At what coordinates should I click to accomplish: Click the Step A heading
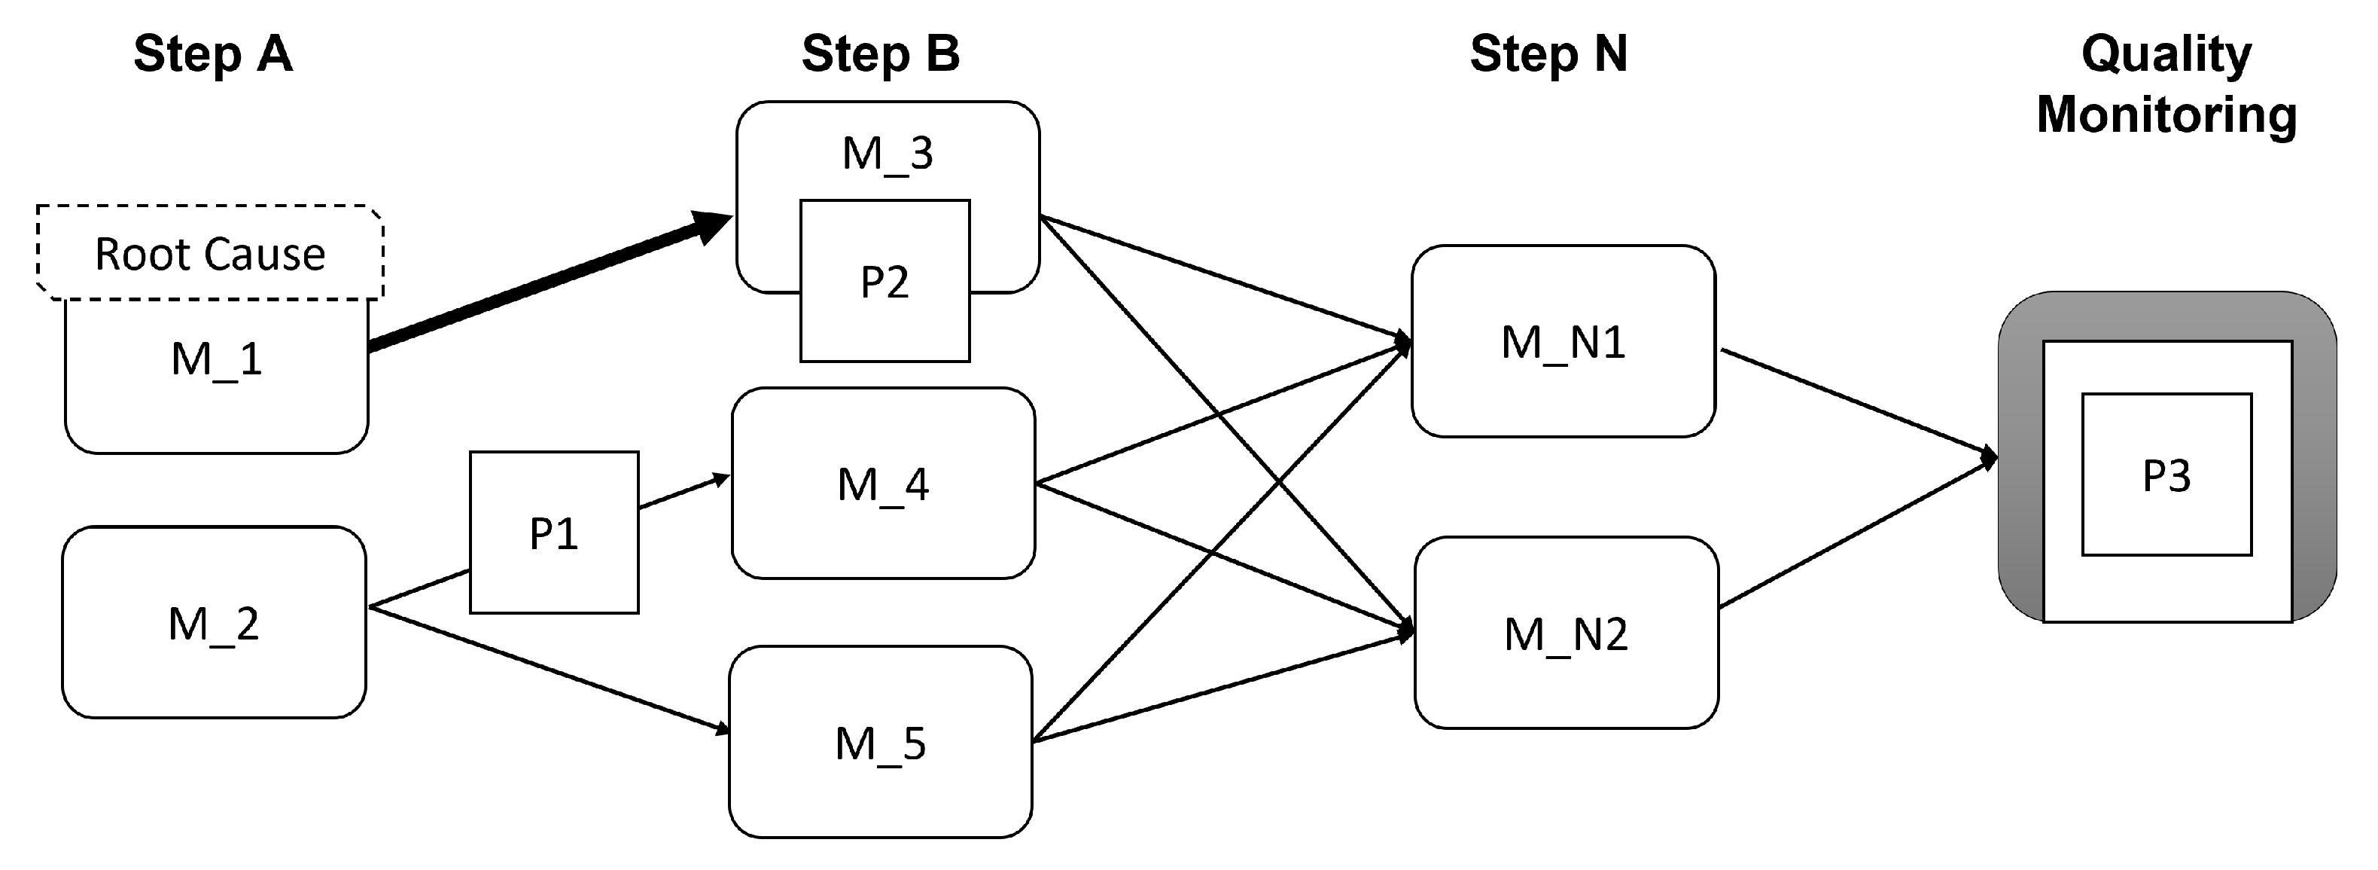point(213,53)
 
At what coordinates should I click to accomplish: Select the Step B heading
point(881,53)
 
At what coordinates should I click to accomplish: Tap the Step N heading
point(1548,53)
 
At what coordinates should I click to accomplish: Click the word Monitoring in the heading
point(2166,114)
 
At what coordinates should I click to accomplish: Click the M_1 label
point(216,359)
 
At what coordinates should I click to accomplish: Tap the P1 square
point(554,533)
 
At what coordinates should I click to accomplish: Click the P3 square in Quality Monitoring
point(2166,475)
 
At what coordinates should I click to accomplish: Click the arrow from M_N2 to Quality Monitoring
point(1856,533)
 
